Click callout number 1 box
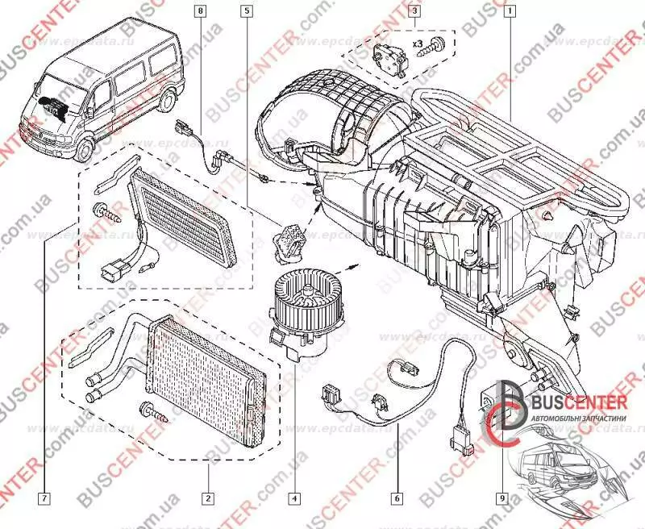pyautogui.click(x=510, y=11)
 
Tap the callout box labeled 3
pyautogui.click(x=414, y=11)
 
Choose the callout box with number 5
pyautogui.click(x=247, y=11)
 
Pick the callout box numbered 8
pyautogui.click(x=201, y=11)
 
